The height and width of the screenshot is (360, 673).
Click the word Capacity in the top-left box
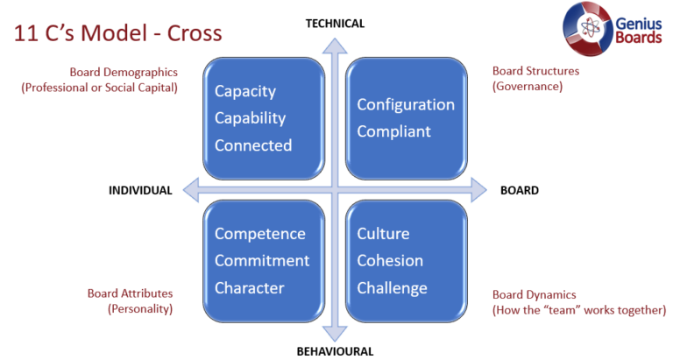click(245, 91)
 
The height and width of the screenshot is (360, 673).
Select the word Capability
click(250, 118)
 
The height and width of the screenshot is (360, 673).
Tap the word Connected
click(253, 145)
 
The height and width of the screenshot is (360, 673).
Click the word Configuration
click(406, 104)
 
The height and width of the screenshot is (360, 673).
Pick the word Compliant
click(393, 131)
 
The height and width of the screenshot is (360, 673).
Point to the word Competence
click(260, 234)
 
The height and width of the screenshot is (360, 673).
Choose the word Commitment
click(262, 261)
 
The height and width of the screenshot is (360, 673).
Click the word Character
click(250, 287)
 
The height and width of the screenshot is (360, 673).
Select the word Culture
click(383, 234)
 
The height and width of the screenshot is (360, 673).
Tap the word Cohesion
click(390, 261)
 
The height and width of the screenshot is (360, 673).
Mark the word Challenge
click(392, 287)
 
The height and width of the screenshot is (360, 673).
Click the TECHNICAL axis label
click(335, 24)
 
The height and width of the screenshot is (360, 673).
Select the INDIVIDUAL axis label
click(140, 191)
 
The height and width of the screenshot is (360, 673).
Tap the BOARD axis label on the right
click(519, 190)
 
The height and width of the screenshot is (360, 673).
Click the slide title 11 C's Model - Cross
click(117, 33)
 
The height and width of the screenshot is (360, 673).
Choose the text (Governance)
click(527, 86)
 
